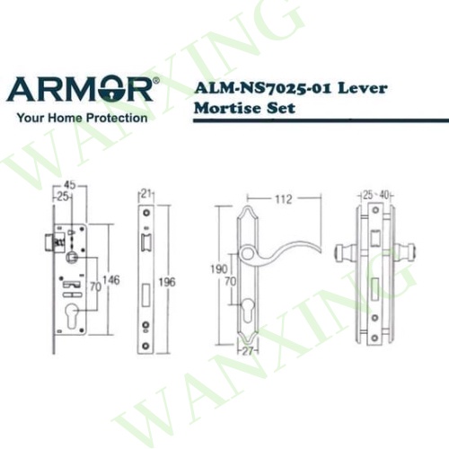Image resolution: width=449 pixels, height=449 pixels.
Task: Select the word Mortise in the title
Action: pos(224,108)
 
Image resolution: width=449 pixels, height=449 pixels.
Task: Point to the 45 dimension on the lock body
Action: pos(69,185)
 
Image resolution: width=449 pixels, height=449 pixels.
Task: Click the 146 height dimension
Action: pos(111,280)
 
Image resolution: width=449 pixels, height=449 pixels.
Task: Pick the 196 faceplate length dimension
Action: pos(167,282)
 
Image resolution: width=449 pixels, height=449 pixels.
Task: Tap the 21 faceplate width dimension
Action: pos(145,194)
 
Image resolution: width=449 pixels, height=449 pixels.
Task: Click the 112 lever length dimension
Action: pos(284,199)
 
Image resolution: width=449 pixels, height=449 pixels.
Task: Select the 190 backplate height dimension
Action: pos(219,269)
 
